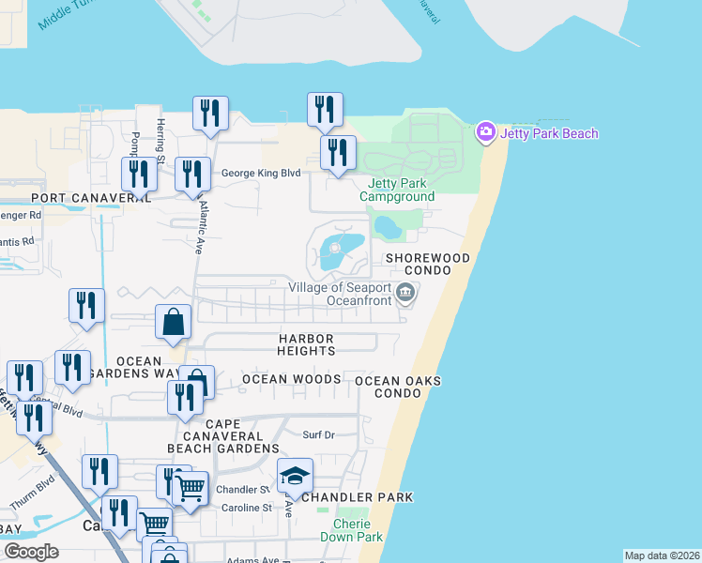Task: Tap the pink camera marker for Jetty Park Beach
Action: [485, 132]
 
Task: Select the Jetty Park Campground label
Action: [397, 190]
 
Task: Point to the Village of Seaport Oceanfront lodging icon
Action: [405, 294]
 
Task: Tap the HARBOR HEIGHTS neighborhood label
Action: [306, 343]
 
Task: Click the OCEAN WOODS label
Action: [291, 379]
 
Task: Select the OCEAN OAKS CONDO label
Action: [398, 387]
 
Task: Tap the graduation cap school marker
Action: [295, 475]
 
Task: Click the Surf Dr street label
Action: [318, 434]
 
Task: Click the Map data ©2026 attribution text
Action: [661, 555]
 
